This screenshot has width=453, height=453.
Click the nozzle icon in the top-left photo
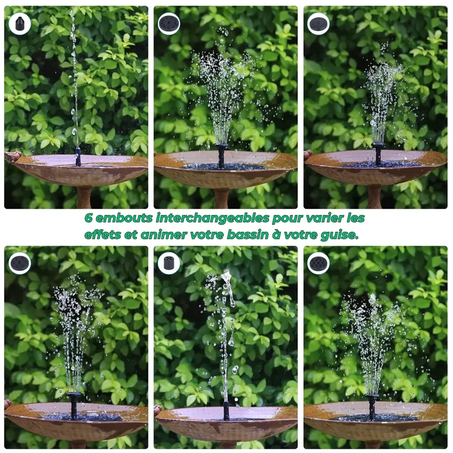point(20,24)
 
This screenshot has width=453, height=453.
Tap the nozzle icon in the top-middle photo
point(169,24)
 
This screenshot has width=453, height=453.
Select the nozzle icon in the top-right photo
point(318,24)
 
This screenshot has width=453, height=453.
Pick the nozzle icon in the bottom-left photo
point(20,263)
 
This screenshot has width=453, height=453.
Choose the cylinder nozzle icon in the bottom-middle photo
point(169,263)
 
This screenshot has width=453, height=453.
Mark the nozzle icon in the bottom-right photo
point(318,263)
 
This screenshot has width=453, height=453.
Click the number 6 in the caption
point(89,218)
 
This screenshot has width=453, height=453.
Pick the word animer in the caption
point(164,234)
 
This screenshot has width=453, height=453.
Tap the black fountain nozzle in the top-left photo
point(78,156)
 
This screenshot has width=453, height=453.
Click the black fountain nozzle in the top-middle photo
point(221,155)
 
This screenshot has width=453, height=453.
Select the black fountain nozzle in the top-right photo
point(378,154)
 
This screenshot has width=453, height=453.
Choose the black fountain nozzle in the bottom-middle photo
point(226,410)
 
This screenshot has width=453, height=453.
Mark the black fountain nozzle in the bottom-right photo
point(372,407)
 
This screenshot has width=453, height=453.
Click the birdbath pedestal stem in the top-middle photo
point(222,199)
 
